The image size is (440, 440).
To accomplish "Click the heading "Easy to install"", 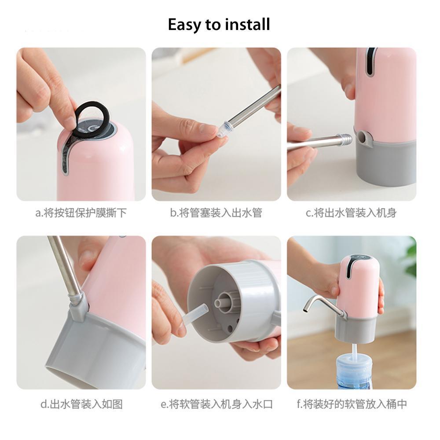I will point(219,24).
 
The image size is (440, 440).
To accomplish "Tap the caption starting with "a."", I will point(81,213).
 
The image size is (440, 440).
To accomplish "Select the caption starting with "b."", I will point(216,213).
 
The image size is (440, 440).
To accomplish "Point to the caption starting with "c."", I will point(351,213).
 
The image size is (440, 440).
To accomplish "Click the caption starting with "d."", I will point(81,404).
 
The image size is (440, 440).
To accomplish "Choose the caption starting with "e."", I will point(216,404).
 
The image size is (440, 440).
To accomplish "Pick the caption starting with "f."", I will point(352,404).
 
